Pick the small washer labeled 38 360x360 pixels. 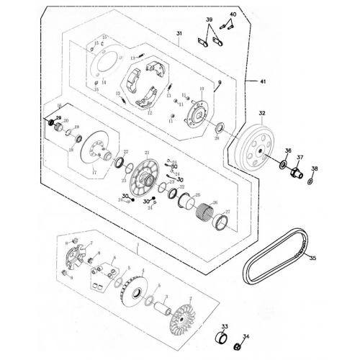[310, 180]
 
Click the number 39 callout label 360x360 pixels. [210, 19]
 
